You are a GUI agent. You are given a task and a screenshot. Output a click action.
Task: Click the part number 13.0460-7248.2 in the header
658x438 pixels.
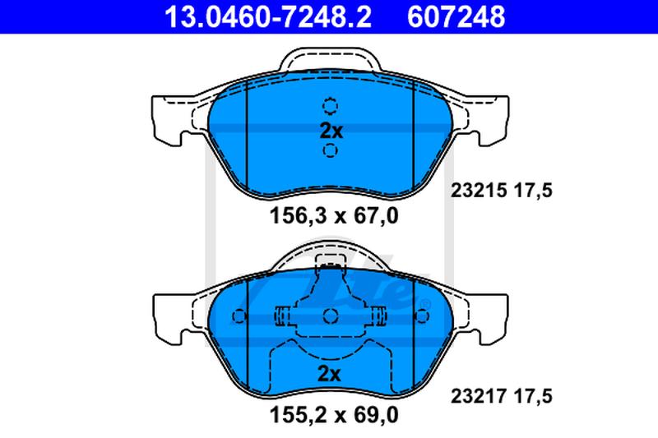click(x=268, y=16)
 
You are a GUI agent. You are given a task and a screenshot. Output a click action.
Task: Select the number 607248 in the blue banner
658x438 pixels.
click(x=456, y=16)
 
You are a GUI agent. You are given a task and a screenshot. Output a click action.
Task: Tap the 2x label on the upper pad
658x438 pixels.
click(x=331, y=131)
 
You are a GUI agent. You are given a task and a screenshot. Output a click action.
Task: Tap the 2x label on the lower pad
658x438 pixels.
click(x=330, y=374)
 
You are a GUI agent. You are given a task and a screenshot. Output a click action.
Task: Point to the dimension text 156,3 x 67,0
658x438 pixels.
click(x=334, y=216)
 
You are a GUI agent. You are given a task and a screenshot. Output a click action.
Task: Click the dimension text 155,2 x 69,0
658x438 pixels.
click(x=334, y=415)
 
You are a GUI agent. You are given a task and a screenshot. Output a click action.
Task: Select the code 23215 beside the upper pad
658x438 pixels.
click(x=479, y=191)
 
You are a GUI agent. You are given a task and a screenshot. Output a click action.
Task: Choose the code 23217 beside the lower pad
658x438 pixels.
click(x=479, y=395)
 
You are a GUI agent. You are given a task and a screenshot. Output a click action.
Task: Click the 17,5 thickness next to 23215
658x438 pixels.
click(x=533, y=191)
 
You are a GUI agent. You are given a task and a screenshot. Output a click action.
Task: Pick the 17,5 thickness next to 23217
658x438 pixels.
click(x=533, y=396)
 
